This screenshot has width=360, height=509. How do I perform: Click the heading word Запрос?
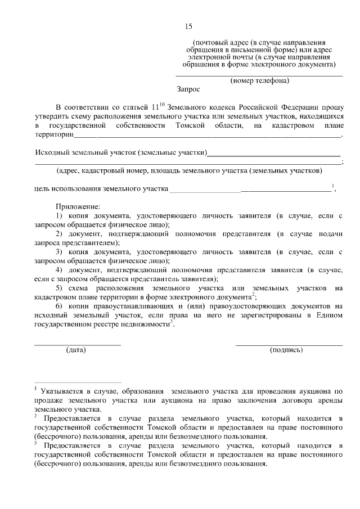click(188, 89)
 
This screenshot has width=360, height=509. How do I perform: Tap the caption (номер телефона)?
click(259, 80)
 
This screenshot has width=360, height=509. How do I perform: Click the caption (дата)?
click(76, 350)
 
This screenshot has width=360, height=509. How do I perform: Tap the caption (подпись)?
click(286, 350)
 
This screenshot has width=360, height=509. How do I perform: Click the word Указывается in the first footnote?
click(61, 391)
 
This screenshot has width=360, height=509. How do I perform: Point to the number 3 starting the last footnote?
click(35, 443)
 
